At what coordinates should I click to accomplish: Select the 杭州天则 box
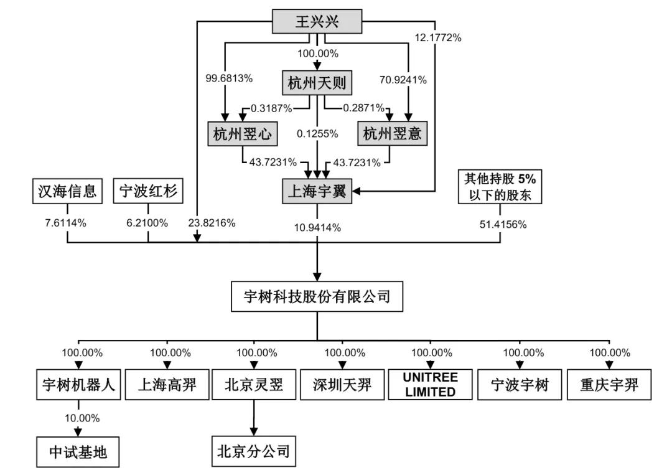(316, 83)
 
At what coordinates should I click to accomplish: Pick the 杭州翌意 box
(391, 134)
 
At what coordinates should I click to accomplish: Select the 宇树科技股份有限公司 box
(317, 296)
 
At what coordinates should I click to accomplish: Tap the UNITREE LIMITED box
(430, 385)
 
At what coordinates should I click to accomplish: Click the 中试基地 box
(78, 451)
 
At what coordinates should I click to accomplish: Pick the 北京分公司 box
(253, 451)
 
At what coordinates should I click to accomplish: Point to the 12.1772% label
(438, 38)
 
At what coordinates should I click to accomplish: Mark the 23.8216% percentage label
(212, 223)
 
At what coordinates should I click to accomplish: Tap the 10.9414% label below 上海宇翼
(317, 227)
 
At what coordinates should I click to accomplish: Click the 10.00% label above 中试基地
(83, 418)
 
